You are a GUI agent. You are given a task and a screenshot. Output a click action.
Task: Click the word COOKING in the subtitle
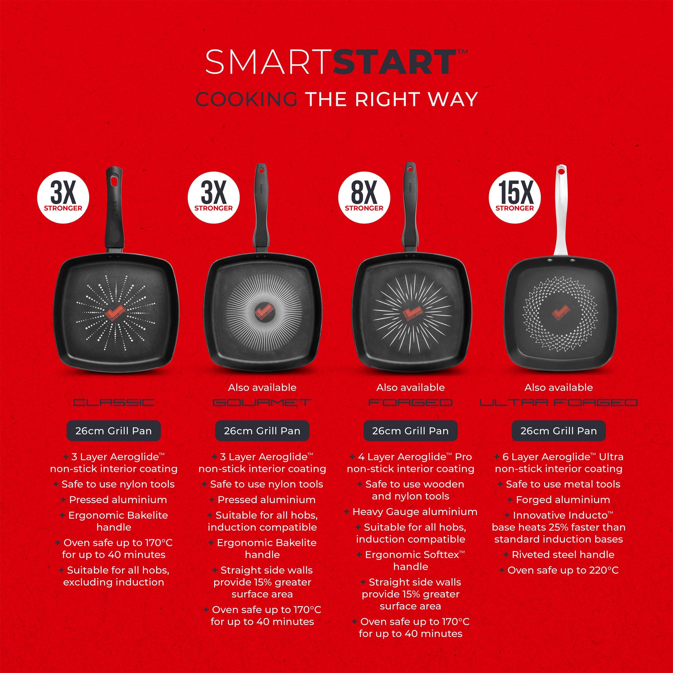point(246,99)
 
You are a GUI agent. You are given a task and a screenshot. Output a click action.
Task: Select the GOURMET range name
point(262,403)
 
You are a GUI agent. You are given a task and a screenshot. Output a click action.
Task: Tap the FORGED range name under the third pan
point(410,403)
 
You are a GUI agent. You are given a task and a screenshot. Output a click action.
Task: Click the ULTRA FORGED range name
point(558,403)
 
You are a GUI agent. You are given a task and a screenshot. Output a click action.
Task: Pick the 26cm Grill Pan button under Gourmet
point(262,431)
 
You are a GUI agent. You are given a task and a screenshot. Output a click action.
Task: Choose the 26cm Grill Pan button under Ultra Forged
point(558,431)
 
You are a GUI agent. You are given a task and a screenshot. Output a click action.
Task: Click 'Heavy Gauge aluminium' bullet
point(415,512)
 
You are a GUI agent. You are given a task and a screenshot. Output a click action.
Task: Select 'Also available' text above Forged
point(410,387)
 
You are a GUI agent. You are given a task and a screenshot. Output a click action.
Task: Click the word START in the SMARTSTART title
point(394,62)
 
